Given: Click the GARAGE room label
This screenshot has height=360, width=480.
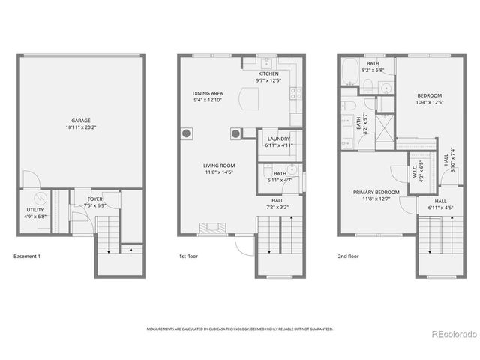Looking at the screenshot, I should point(80,121).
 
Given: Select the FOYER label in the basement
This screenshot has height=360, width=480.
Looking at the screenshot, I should point(94,199).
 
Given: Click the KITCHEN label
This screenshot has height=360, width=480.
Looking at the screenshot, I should point(268,73).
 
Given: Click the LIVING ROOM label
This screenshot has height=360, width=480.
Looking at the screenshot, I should point(219,166).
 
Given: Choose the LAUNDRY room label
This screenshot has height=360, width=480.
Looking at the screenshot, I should point(279,139).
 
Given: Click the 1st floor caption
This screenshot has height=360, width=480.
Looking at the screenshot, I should point(188,256).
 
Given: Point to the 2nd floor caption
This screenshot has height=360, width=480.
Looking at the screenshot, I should point(348,256).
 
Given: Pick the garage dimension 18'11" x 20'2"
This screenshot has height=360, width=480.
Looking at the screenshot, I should point(80,127).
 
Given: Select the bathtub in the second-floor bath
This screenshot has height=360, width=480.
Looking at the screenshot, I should point(350,72).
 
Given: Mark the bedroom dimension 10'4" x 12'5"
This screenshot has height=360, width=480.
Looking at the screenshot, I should point(430,102).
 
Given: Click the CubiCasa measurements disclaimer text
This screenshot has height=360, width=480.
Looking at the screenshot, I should point(240,328).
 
